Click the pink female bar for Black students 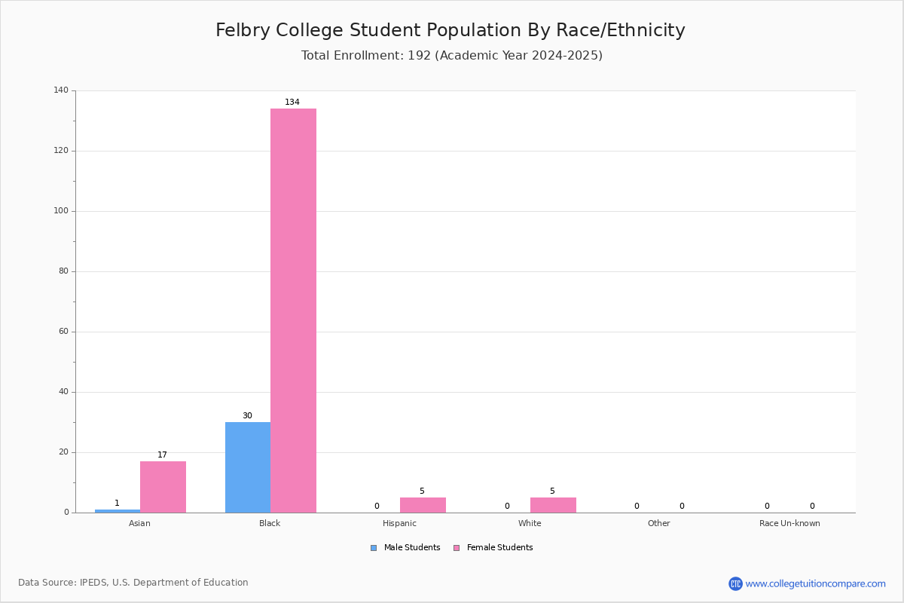click(x=293, y=311)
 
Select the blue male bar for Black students click(x=248, y=467)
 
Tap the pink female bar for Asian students click(x=163, y=487)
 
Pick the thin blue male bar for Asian click(x=118, y=511)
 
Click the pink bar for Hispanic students click(x=423, y=505)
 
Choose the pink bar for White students click(x=553, y=505)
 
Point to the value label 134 click(x=292, y=102)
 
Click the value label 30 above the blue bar click(x=247, y=415)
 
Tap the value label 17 click(x=162, y=455)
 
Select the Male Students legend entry click(x=405, y=547)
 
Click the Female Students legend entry click(x=493, y=547)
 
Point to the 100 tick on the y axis click(x=61, y=211)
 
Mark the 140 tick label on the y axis click(x=61, y=90)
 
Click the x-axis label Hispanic click(x=399, y=523)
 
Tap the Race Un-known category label click(x=789, y=523)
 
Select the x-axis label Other click(x=659, y=523)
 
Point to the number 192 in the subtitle click(x=420, y=55)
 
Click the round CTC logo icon click(x=735, y=583)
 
